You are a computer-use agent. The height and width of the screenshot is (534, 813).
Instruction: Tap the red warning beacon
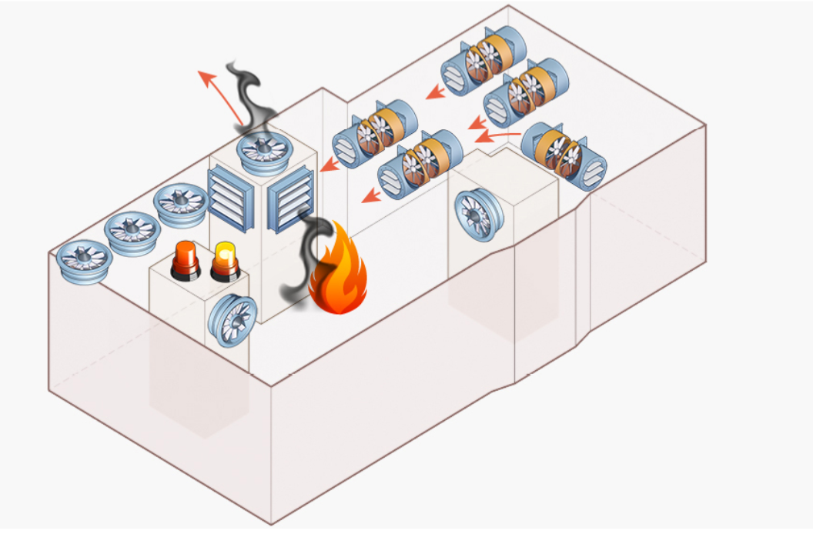click(184, 260)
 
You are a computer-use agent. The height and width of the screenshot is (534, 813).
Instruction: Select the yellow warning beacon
click(226, 260)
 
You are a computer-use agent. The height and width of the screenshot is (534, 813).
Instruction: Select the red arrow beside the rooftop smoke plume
click(219, 95)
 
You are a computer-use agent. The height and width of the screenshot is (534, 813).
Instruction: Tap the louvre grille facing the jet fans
click(291, 199)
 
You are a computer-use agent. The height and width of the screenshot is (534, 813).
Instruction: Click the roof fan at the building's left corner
click(82, 261)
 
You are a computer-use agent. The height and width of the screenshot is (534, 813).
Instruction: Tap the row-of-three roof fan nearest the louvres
click(179, 203)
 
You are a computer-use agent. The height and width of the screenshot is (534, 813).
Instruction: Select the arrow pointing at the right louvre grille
click(332, 164)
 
